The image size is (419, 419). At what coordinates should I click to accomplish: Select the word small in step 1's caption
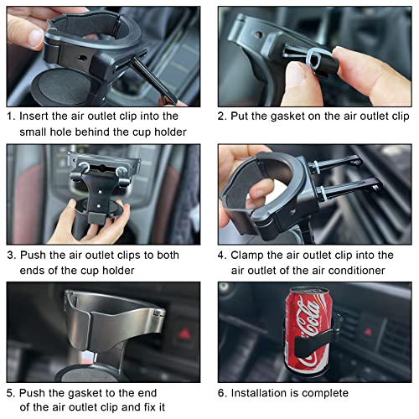click(x=39, y=132)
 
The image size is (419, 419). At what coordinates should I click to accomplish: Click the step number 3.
click(x=10, y=254)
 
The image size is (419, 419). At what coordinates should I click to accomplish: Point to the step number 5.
click(x=10, y=392)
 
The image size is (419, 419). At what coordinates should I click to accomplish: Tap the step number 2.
click(x=223, y=116)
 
